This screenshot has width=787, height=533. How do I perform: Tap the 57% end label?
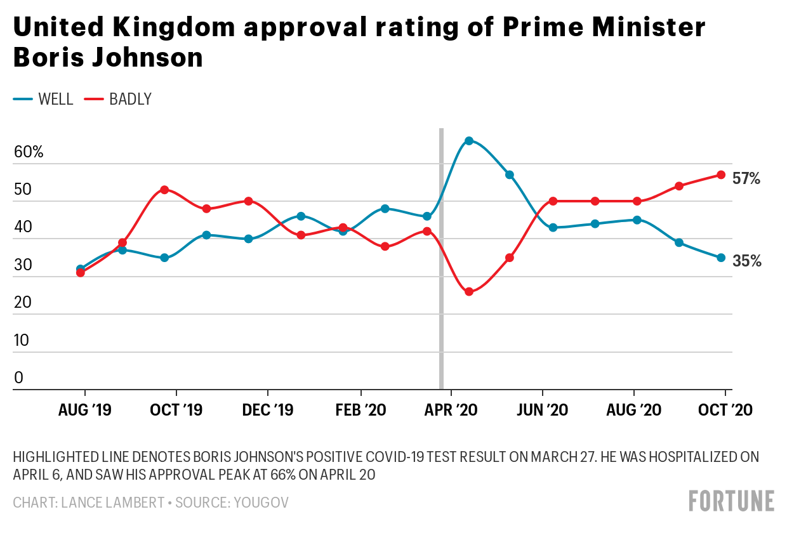pyautogui.click(x=746, y=178)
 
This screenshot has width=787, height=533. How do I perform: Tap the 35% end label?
pyautogui.click(x=746, y=261)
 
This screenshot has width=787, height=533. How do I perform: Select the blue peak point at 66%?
pyautogui.click(x=469, y=141)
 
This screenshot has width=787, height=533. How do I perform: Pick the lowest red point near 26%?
pyautogui.click(x=469, y=292)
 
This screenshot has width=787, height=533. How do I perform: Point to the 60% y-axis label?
pyautogui.click(x=29, y=152)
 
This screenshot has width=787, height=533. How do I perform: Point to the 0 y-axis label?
pyautogui.click(x=18, y=378)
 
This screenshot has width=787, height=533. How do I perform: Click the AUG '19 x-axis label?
pyautogui.click(x=84, y=410)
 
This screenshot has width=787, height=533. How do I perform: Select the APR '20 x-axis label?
pyautogui.click(x=452, y=410)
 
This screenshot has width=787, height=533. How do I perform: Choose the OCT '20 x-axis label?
pyautogui.click(x=726, y=410)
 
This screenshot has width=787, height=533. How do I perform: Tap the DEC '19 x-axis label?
pyautogui.click(x=268, y=410)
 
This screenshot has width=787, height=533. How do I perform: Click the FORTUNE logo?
pyautogui.click(x=731, y=501)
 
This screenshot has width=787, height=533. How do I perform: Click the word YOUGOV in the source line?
pyautogui.click(x=261, y=503)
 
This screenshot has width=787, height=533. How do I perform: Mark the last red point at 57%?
pyautogui.click(x=721, y=174)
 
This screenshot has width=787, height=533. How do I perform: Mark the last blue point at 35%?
pyautogui.click(x=721, y=258)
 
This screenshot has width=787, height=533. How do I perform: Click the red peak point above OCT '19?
pyautogui.click(x=164, y=190)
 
